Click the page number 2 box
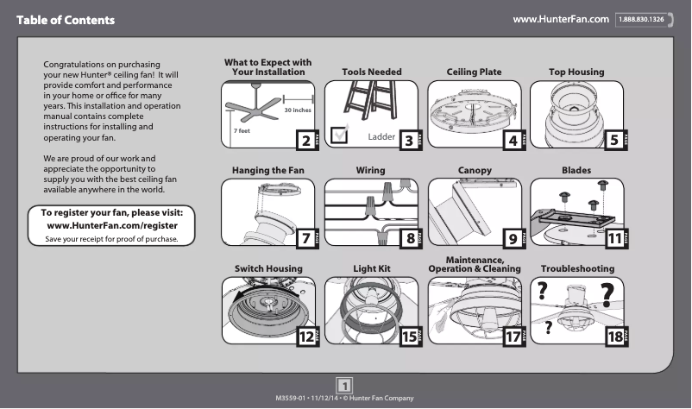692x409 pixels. click(305, 140)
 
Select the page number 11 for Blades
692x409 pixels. click(613, 239)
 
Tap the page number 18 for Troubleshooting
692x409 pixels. click(613, 337)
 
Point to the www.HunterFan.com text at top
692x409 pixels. click(562, 19)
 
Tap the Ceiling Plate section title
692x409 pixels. click(474, 72)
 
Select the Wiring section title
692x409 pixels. click(371, 171)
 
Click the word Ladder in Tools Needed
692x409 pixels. click(381, 137)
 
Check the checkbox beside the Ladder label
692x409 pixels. click(340, 133)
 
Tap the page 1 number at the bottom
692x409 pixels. click(345, 384)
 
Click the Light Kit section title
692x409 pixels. click(371, 269)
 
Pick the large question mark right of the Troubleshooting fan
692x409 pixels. click(608, 294)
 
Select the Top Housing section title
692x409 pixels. click(576, 72)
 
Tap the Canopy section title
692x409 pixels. click(474, 171)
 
